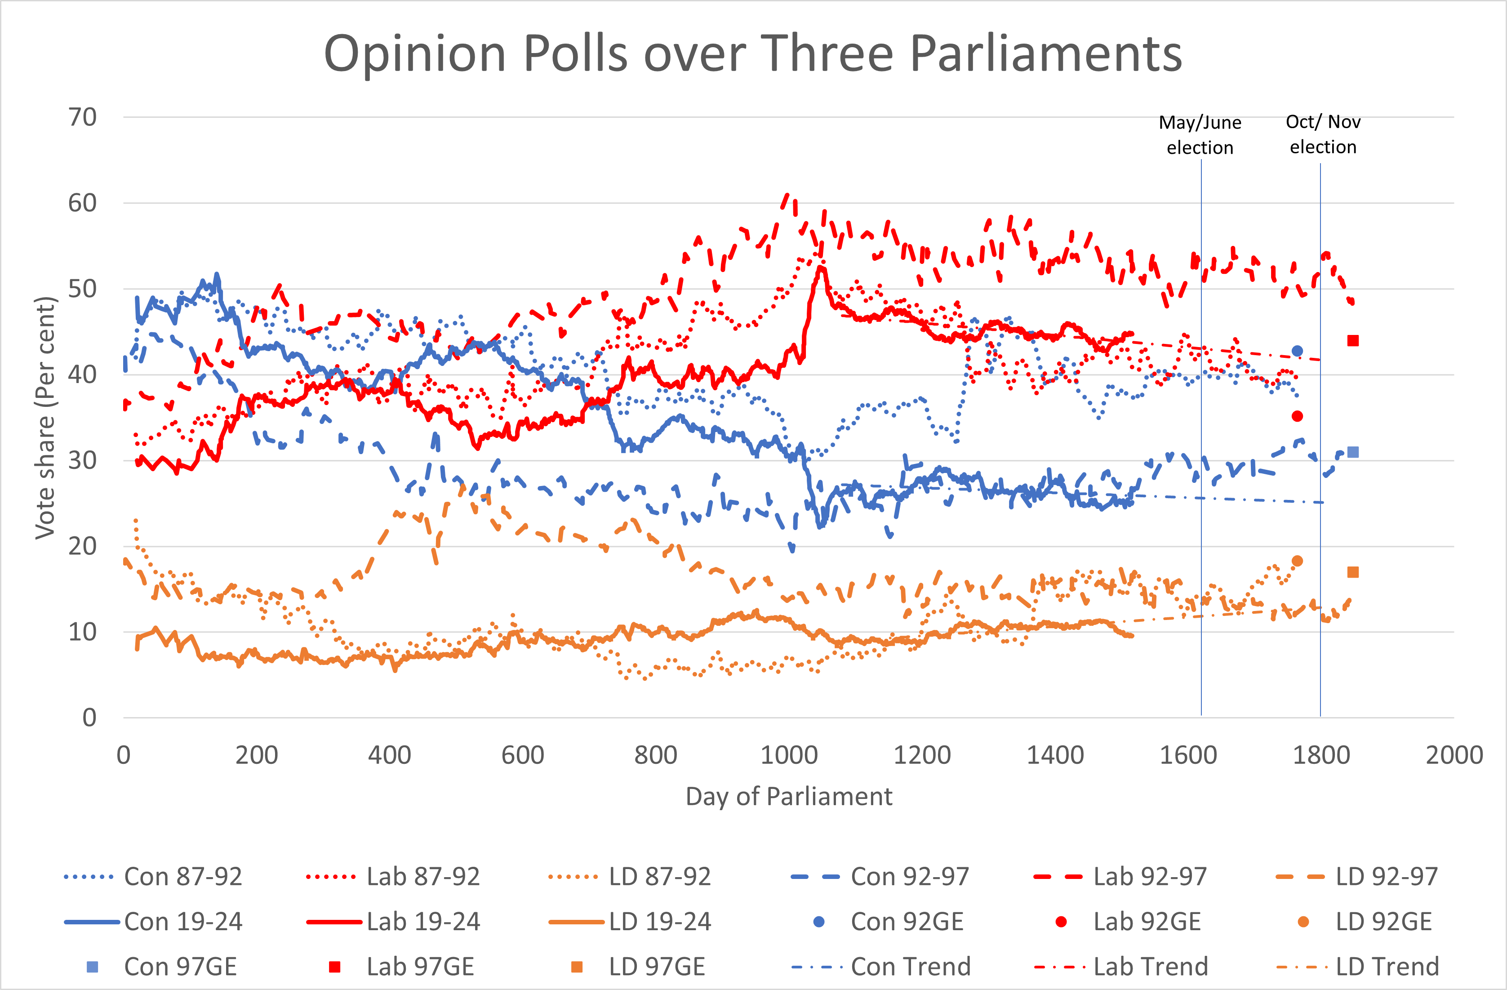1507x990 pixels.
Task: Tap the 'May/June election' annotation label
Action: tap(1200, 134)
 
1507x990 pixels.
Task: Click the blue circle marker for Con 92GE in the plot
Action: tap(1297, 351)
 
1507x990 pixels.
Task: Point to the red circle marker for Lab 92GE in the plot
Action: tap(1297, 416)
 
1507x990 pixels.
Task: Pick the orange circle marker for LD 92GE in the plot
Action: tap(1297, 561)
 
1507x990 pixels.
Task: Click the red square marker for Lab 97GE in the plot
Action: tap(1352, 341)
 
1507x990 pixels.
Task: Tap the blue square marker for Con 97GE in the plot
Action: tap(1352, 452)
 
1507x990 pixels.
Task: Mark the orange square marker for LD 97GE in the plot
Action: tap(1352, 572)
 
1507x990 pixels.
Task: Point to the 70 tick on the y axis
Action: tap(82, 117)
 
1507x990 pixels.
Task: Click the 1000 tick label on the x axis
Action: tap(788, 755)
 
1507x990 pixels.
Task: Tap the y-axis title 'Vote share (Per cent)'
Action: tap(45, 418)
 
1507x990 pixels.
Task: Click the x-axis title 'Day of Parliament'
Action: tap(788, 796)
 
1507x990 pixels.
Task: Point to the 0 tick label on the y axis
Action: tap(89, 718)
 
